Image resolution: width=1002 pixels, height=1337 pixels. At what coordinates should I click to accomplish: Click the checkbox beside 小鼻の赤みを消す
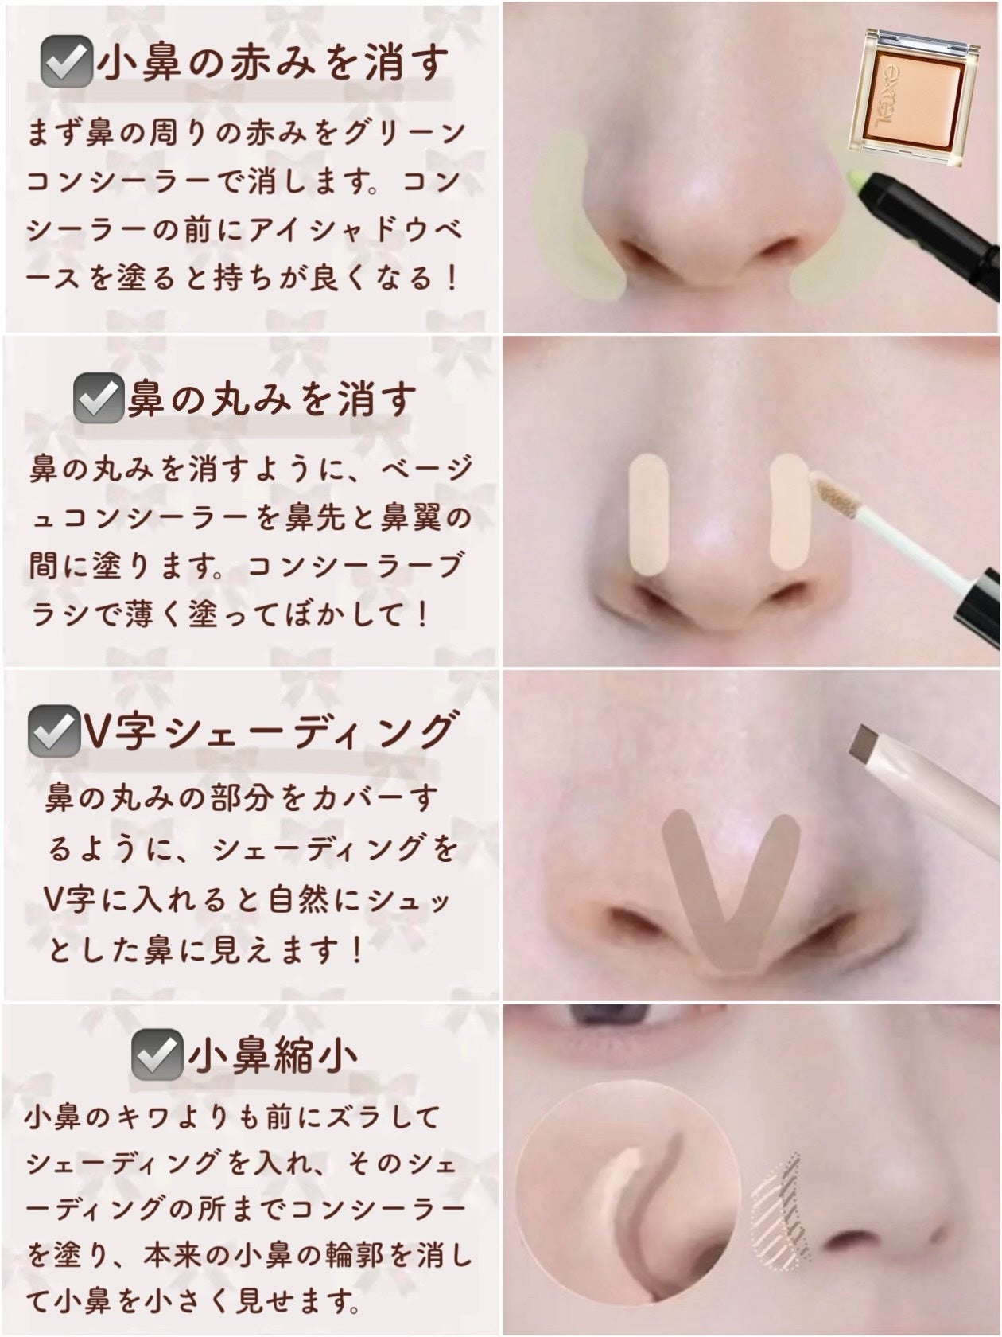[66, 64]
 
